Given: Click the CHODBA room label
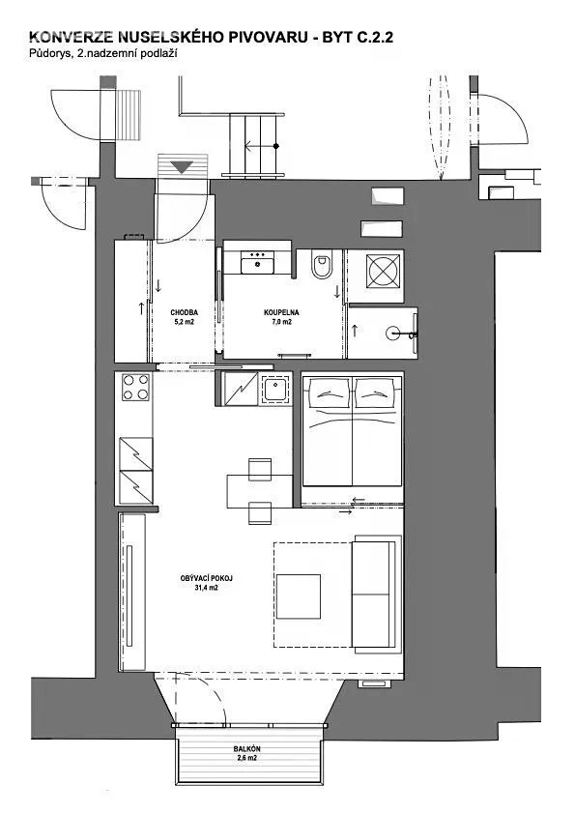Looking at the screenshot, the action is [184, 312].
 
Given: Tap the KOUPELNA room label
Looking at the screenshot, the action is [281, 312].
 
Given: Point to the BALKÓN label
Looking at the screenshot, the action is [247, 749].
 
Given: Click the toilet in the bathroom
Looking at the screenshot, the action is [322, 265].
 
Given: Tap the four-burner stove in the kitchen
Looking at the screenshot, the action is [136, 388].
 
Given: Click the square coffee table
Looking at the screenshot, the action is [299, 596].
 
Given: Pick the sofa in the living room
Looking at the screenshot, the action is [376, 595].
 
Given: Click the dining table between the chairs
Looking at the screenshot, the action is [260, 490].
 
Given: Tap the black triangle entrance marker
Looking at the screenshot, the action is [182, 167].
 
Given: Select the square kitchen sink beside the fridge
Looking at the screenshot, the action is [275, 389].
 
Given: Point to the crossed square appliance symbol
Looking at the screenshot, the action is [385, 271].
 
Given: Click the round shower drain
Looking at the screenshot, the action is [395, 333].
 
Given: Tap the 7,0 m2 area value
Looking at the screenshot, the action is [281, 322].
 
